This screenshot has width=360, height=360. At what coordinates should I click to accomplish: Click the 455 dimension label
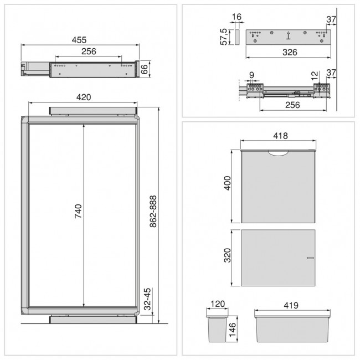coord(79,39)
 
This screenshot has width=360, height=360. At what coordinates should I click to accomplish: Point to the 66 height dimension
coord(143,69)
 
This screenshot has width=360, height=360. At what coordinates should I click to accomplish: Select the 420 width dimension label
coord(83,97)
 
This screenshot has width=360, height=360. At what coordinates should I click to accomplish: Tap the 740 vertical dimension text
coord(78,214)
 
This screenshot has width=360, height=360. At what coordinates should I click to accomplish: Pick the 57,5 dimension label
coord(224,37)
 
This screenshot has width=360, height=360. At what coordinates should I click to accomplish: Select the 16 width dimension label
coord(236,18)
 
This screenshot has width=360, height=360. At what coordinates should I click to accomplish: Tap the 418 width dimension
coord(279,136)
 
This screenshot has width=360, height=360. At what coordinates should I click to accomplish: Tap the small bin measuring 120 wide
coord(215,329)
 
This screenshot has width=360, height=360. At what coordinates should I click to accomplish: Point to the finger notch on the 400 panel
coord(279,153)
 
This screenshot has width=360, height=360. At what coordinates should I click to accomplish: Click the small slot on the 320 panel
coord(310,258)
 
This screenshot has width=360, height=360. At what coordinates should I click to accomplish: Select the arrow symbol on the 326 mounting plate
coord(288,36)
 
